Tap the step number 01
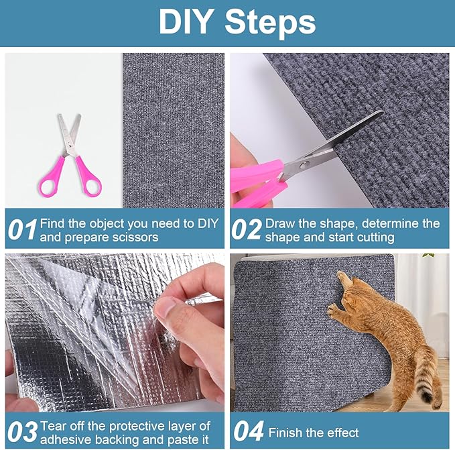click(x=21, y=230)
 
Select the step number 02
click(x=246, y=230)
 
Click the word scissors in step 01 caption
click(x=137, y=237)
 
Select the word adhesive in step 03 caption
click(x=66, y=439)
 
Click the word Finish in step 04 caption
click(x=285, y=433)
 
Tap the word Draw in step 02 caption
click(x=279, y=223)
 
